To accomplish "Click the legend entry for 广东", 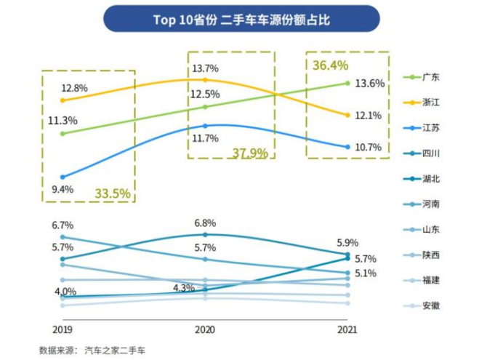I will coord(430,77).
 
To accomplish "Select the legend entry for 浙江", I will coord(430,103).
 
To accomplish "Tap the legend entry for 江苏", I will coord(430,128).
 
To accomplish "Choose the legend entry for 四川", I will coord(430,153).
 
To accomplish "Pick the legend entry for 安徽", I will coord(430,306).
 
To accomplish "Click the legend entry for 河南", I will coord(430,204).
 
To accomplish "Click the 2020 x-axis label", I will coord(206,329).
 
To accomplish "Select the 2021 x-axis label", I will coord(348,329).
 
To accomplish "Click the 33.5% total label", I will coord(112,193).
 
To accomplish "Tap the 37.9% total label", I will coord(250,153).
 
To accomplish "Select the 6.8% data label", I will coord(206,223).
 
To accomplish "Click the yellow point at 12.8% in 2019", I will coord(63,100).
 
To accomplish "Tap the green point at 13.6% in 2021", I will coord(348,83).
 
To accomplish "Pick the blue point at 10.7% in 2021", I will coord(348,147).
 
